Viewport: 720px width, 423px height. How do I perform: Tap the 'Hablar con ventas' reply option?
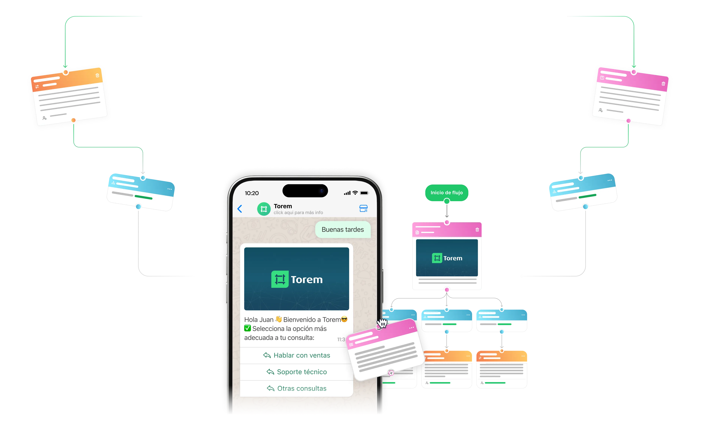point(297,355)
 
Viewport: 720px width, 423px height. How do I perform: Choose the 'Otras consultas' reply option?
point(297,388)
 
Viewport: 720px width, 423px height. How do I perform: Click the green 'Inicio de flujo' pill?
point(447,193)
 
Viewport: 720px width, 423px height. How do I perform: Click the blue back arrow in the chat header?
point(240,209)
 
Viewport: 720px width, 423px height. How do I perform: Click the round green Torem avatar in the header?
point(264,209)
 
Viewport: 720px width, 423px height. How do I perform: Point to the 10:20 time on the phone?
point(252,193)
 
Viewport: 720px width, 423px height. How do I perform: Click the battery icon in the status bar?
point(364,193)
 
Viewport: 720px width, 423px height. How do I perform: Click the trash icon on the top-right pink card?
point(663,84)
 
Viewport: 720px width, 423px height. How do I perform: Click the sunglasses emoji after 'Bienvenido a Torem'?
point(344,319)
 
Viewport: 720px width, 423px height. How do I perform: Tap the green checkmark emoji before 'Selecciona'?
point(247,328)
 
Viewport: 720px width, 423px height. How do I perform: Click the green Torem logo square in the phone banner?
point(280,279)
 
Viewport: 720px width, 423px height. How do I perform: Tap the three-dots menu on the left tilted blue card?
point(170,189)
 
